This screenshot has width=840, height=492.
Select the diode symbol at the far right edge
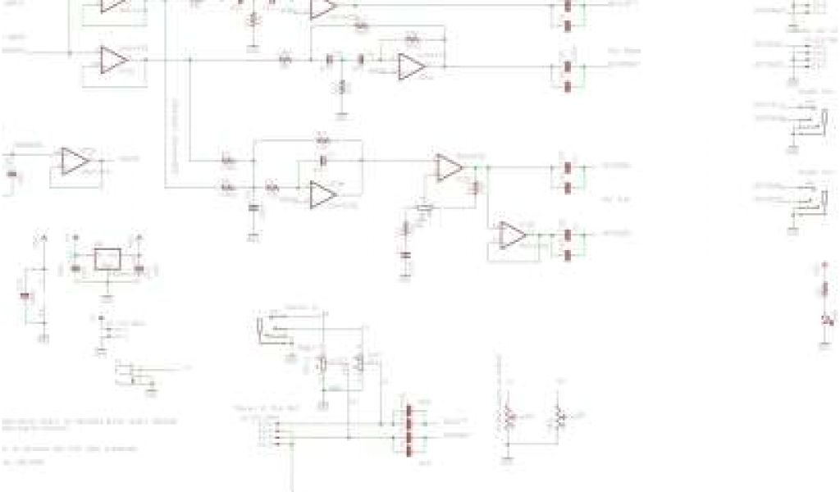click(824, 318)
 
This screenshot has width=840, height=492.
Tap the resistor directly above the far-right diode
click(824, 288)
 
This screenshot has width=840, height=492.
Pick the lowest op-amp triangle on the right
click(512, 235)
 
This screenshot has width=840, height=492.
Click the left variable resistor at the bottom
click(508, 418)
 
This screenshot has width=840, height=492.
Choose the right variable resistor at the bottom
click(559, 418)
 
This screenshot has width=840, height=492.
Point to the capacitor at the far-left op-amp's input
click(11, 174)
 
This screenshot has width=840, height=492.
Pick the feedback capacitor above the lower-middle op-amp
click(323, 159)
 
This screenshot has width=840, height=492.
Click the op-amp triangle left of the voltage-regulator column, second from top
click(112, 60)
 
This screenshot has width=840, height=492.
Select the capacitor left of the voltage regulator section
click(25, 295)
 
